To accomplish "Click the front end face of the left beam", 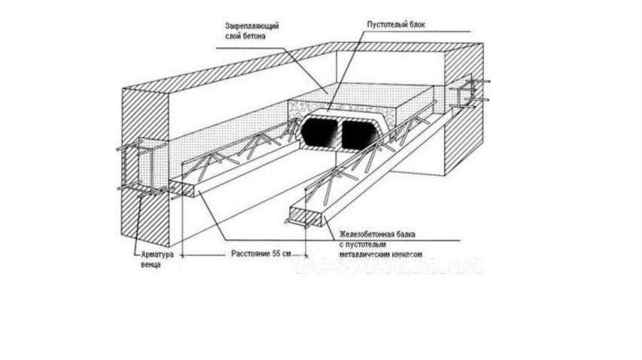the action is click(x=185, y=188).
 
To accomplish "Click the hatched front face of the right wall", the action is click(x=464, y=138).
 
